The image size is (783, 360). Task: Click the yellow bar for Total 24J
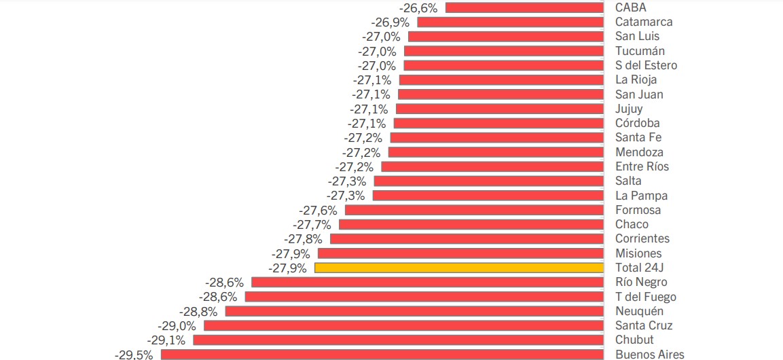point(459,268)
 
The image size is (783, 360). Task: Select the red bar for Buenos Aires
point(382,354)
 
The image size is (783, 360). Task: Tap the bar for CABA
point(524,7)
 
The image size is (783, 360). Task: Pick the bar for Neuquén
point(414,311)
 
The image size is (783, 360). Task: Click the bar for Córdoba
point(498,124)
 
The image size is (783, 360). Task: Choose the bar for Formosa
point(474,210)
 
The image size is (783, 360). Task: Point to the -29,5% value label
point(134,354)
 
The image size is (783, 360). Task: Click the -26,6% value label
point(418,7)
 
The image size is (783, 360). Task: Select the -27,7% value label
point(312,224)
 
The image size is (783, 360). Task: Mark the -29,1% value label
point(166,340)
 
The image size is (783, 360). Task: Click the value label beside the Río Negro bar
point(224,282)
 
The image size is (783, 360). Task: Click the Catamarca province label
point(644,22)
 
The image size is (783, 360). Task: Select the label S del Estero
point(646,65)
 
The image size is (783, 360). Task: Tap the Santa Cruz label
point(644,325)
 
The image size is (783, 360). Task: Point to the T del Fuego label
point(645,297)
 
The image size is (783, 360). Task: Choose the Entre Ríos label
point(642,166)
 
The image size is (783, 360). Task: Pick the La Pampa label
point(641,196)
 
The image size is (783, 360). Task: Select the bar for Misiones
point(460,253)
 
